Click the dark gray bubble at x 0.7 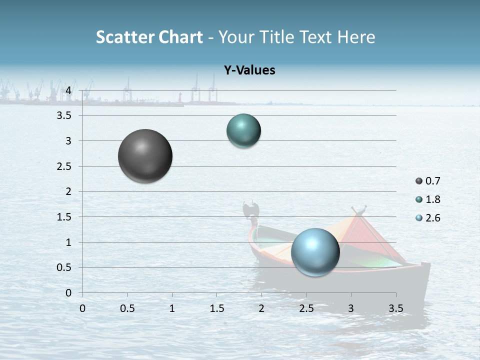coord(145,156)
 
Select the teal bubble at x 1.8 coord(243,130)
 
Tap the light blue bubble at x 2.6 coord(315,252)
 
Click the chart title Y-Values coord(249,70)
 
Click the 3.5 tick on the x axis coord(395,308)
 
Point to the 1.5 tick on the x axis coord(216,308)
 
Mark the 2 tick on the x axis coord(261,308)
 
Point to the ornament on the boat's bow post coord(250,208)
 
